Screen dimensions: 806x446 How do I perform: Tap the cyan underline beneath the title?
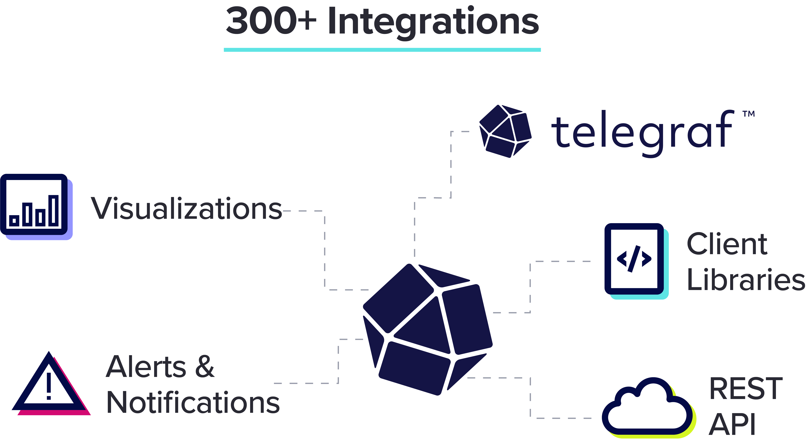[x=382, y=50]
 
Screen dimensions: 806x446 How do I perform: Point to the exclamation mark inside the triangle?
[x=49, y=386]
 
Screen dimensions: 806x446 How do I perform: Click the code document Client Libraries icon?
[x=636, y=261]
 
